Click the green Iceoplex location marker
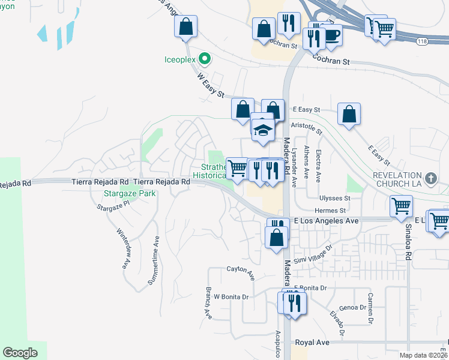pos(204,59)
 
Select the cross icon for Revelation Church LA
pos(430,179)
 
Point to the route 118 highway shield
pos(423,40)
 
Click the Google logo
pos(20,352)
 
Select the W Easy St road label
pos(210,86)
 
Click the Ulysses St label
pos(336,198)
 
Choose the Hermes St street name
pos(330,211)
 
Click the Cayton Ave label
pos(241,273)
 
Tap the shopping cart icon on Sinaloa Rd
pos(401,206)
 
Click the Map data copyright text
pos(424,355)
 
